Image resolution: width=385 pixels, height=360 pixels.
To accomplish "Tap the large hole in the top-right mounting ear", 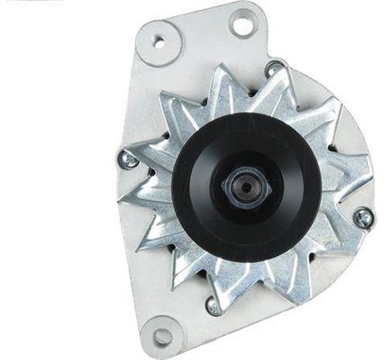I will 242,23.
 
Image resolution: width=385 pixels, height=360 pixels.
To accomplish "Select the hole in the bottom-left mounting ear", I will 162,335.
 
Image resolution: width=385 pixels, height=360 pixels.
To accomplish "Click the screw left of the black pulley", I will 128,160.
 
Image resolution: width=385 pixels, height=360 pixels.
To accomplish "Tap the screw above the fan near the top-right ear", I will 274,69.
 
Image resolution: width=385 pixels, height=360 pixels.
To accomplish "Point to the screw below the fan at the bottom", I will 213,306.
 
